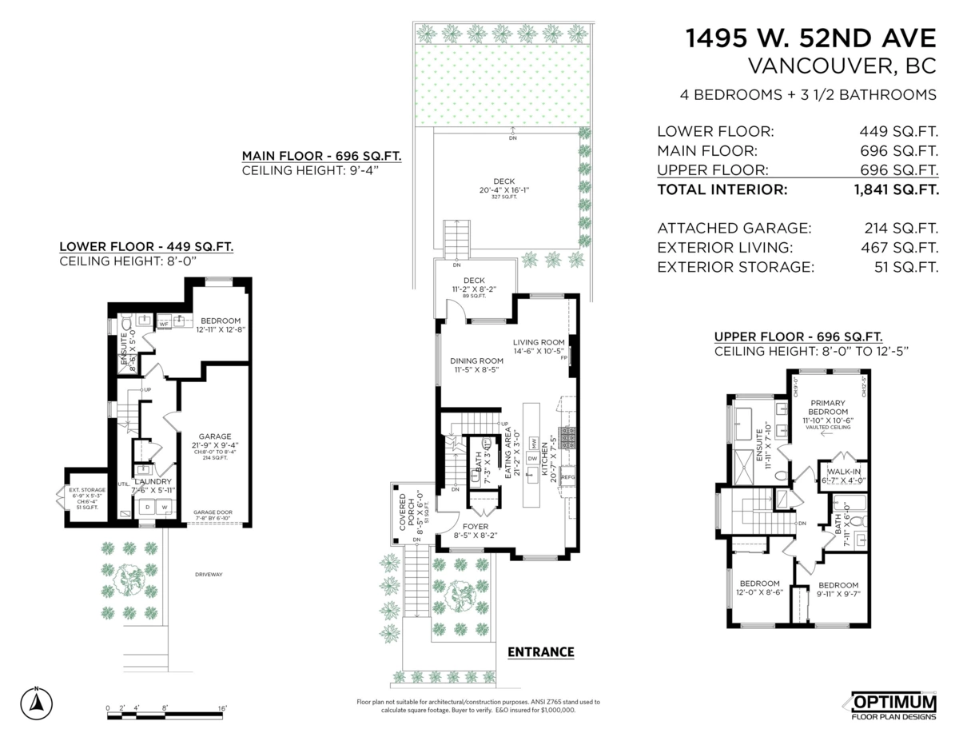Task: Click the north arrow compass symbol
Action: click(36, 701)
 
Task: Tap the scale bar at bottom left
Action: click(168, 714)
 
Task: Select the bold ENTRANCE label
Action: click(541, 652)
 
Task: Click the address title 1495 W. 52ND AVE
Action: click(811, 38)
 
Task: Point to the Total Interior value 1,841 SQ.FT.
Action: click(895, 190)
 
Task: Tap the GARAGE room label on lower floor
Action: click(216, 436)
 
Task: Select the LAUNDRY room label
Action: click(153, 482)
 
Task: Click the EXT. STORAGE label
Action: click(87, 489)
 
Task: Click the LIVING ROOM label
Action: click(539, 342)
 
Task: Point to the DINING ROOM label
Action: click(476, 360)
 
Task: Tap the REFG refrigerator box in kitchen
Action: click(568, 477)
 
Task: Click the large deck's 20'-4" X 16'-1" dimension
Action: click(505, 189)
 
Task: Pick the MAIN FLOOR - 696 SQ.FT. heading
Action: click(321, 156)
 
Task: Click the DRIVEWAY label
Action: click(208, 574)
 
